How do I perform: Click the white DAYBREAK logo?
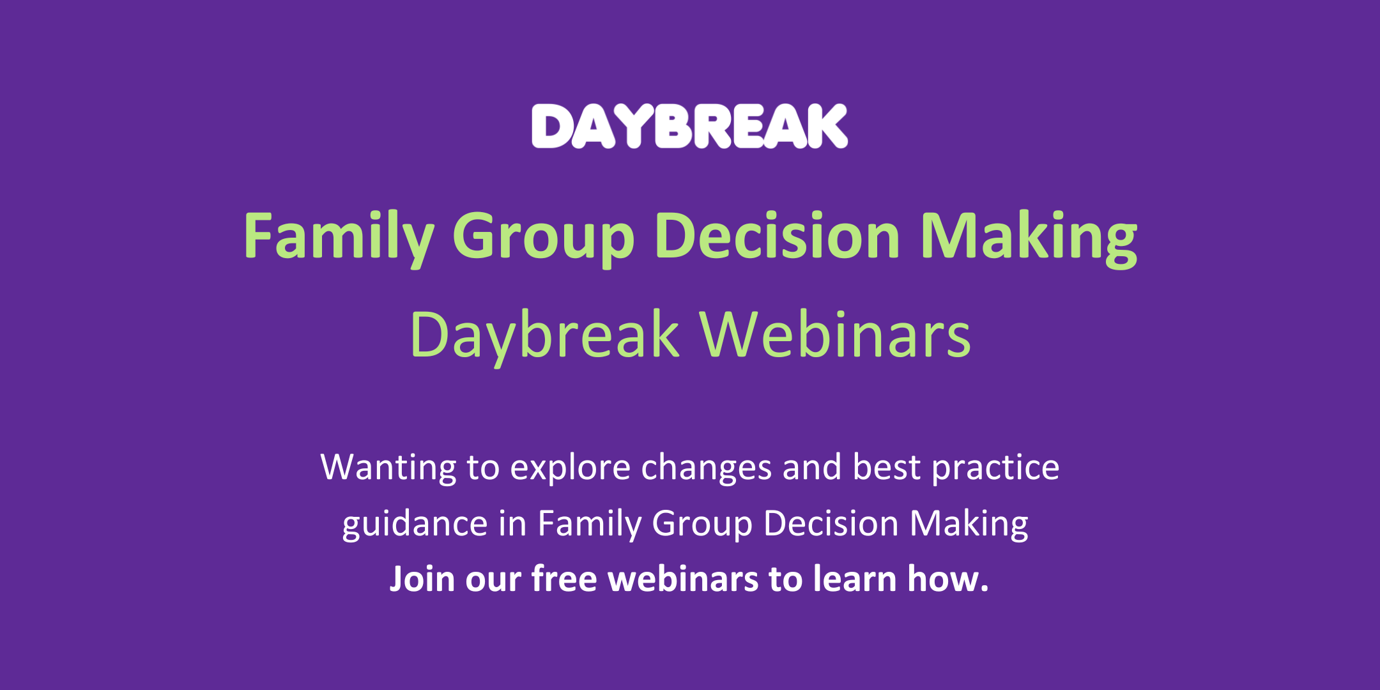689,126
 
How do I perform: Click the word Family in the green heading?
338,236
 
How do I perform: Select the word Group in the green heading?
543,236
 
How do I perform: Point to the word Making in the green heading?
1029,236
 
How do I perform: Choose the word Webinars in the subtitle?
835,335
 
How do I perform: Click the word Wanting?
388,468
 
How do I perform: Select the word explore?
571,468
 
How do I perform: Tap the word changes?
707,468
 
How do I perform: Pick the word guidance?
415,524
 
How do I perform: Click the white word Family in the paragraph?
589,524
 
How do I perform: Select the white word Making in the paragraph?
969,524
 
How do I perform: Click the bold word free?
564,579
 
